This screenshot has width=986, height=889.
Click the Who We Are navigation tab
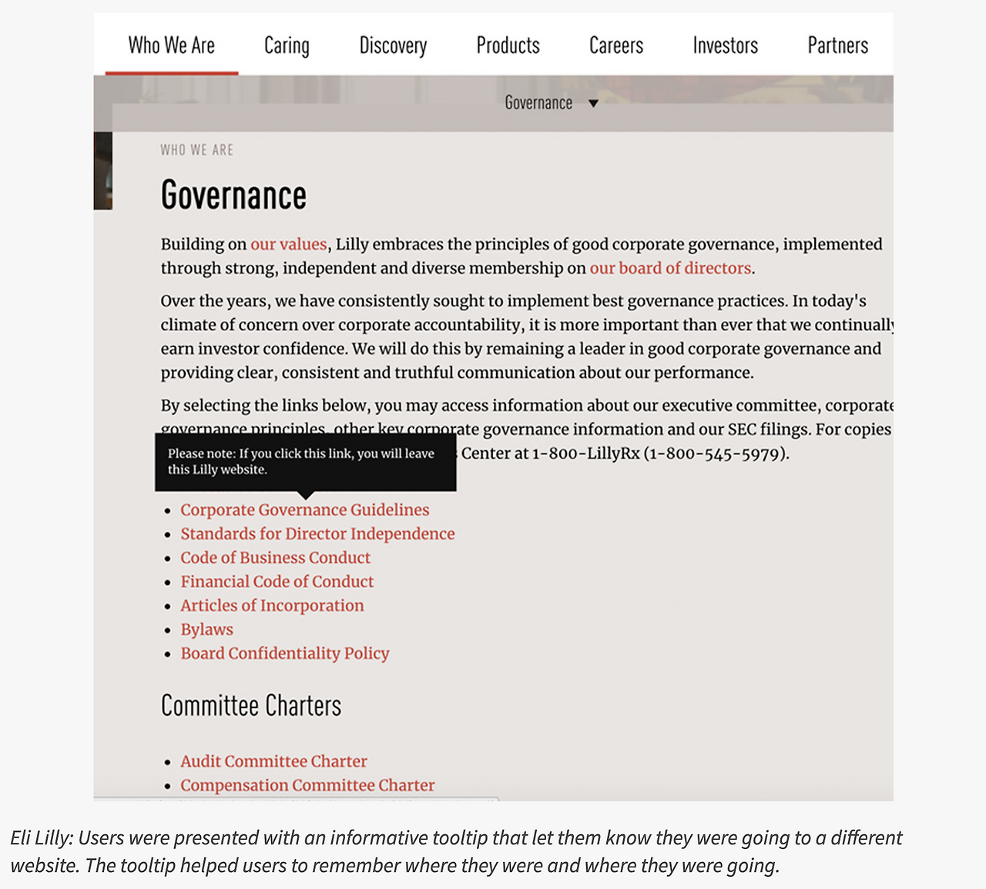pos(171,45)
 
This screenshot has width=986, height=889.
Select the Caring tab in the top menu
pos(287,46)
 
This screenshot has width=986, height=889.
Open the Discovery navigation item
pos(393,46)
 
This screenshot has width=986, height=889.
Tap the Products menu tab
pos(508,45)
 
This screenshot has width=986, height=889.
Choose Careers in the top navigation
pos(615,45)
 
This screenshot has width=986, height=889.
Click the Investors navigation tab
pos(725,45)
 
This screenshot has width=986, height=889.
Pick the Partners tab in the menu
pos(837,45)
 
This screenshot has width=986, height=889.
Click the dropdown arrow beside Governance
pos(593,103)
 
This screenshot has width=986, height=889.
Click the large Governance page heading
pos(233,196)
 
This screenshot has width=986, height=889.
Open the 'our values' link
pos(289,244)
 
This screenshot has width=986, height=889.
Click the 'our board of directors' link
pos(670,268)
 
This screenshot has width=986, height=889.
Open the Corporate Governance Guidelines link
pos(304,510)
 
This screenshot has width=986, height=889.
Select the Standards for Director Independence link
pos(317,533)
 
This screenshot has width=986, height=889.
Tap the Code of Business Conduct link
pos(275,557)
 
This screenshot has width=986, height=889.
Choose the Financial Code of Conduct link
pos(277,581)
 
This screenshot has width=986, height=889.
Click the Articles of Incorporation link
pos(272,605)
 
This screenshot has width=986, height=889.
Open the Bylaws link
pos(206,629)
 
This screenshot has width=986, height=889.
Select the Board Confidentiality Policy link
pos(284,653)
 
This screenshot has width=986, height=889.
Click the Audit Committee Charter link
pos(273,760)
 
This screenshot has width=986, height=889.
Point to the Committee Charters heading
pos(250,705)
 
